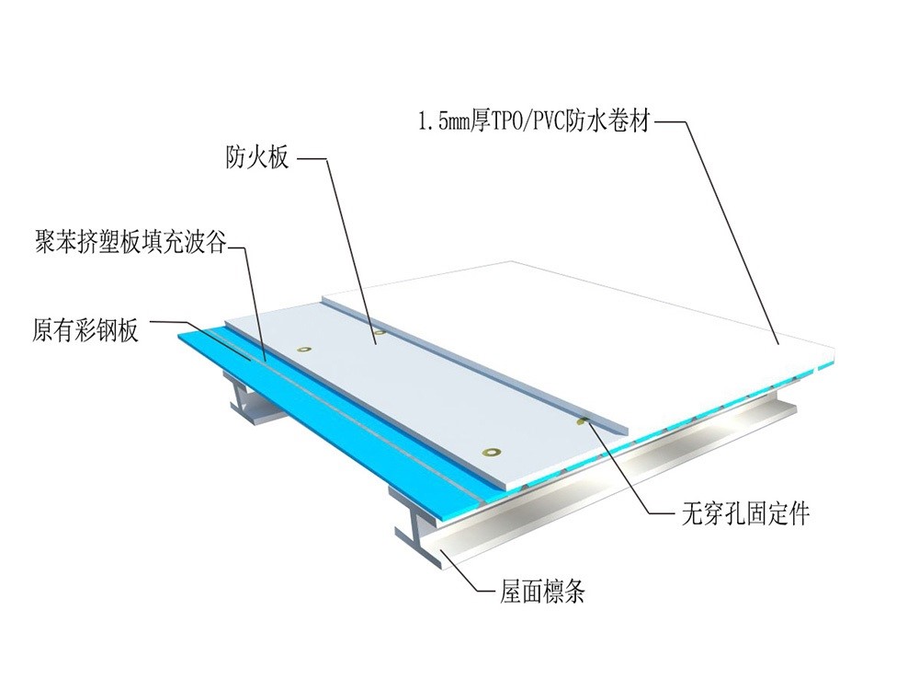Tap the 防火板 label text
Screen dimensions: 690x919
[x=257, y=158]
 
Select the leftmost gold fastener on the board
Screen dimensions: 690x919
[x=303, y=350]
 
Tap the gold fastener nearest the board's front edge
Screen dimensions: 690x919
[x=494, y=452]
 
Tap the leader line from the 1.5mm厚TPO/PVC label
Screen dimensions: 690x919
[x=726, y=230]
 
